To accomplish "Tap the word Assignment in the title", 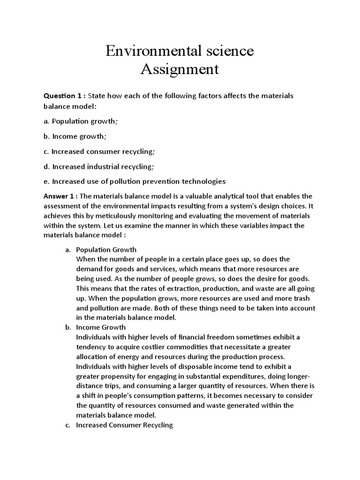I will [180, 69].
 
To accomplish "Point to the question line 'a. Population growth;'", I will [81, 121].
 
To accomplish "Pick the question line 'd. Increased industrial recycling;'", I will [99, 166].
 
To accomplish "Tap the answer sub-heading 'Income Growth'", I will [101, 328].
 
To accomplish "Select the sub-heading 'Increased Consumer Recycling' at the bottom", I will [124, 425].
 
